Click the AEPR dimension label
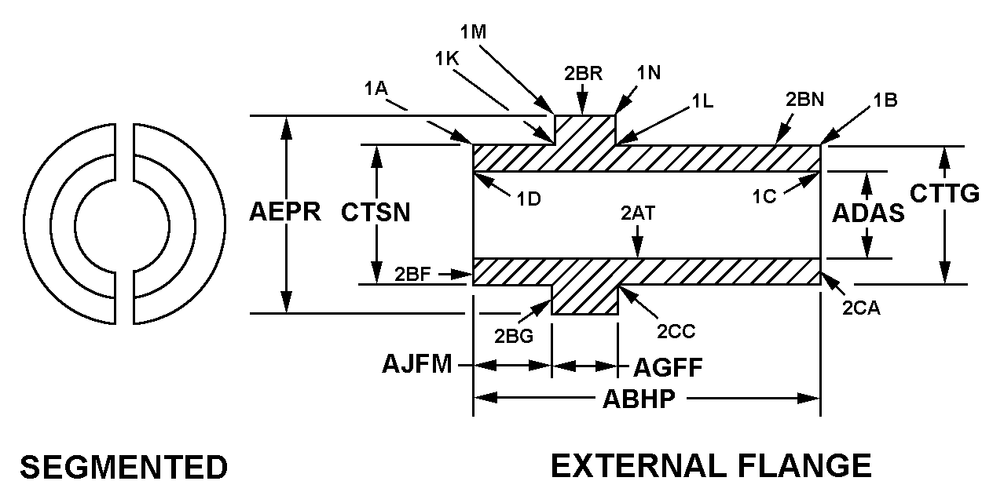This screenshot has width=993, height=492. (x=285, y=212)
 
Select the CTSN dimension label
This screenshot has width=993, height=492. (x=376, y=212)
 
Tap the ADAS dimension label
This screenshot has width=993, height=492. (x=868, y=213)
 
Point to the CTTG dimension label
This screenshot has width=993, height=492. (x=944, y=192)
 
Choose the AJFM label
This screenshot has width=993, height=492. (x=417, y=365)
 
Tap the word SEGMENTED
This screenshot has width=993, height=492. (x=123, y=468)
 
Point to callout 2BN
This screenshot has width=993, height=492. (x=804, y=100)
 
